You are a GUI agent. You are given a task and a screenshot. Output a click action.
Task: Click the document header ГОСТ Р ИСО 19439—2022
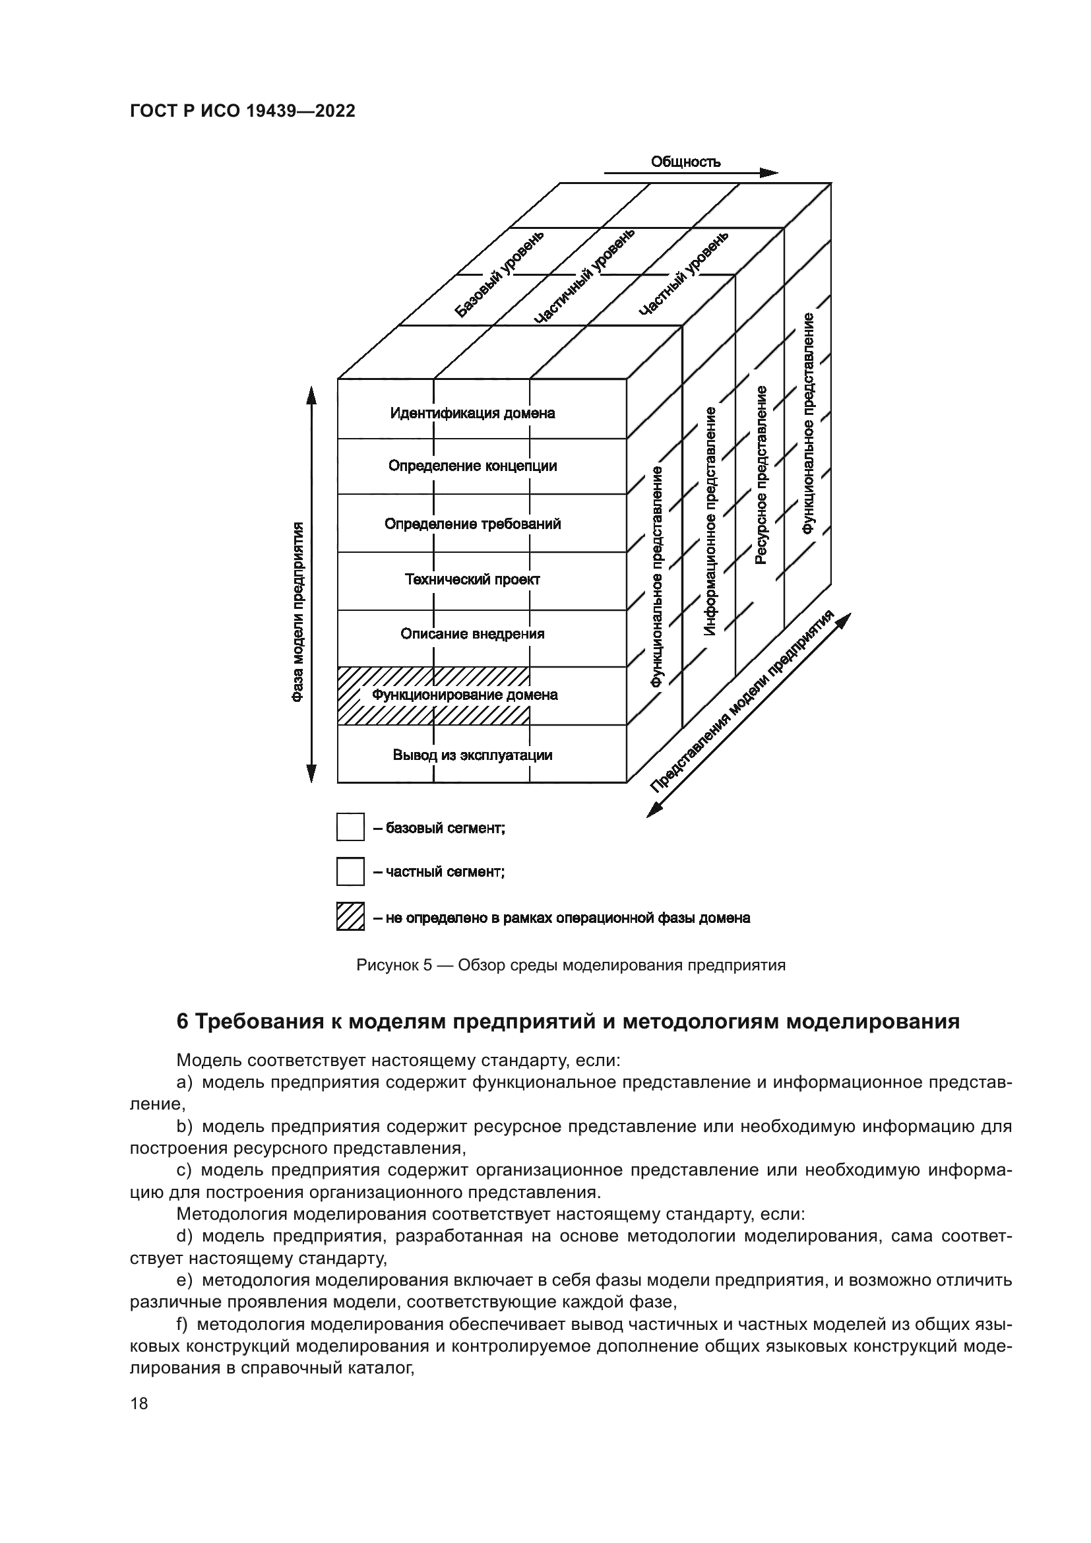tap(243, 111)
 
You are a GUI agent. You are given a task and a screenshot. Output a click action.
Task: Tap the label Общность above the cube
tap(685, 162)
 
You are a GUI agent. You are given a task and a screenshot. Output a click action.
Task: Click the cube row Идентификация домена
tap(472, 412)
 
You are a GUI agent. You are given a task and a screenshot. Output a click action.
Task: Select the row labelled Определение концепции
tap(472, 466)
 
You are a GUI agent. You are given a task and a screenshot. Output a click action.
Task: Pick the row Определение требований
tap(472, 524)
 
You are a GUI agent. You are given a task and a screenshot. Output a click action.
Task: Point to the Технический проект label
tap(472, 579)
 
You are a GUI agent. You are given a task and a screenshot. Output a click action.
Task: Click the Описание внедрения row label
tap(472, 634)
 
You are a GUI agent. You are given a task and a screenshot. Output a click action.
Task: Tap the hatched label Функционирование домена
tap(465, 695)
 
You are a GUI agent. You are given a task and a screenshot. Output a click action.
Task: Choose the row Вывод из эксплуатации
tap(472, 755)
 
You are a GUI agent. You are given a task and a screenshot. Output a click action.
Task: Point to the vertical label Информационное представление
tap(710, 521)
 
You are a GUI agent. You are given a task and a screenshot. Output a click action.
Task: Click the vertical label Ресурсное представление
tap(761, 475)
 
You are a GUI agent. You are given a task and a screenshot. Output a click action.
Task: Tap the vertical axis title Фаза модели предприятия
tap(297, 612)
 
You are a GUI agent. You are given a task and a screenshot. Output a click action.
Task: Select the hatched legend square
tap(350, 917)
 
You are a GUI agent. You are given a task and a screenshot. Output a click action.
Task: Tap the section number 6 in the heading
tap(182, 1022)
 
